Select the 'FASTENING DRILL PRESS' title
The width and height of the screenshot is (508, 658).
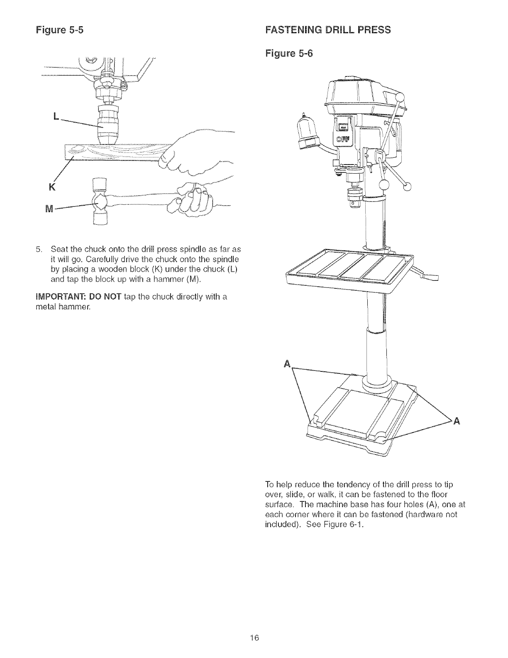327,30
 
